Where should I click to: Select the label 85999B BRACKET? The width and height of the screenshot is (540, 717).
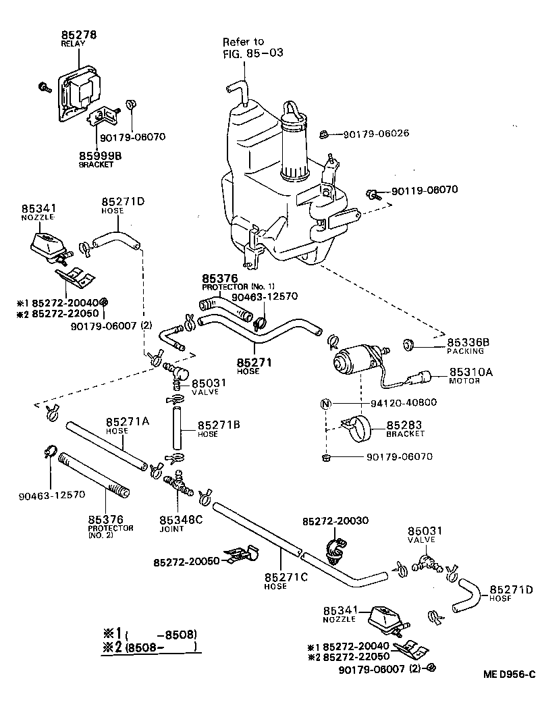(x=100, y=159)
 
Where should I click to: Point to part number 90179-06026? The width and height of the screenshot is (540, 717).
(x=376, y=134)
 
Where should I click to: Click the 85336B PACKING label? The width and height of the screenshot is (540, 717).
(x=470, y=346)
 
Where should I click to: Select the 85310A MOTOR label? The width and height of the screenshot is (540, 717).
(x=471, y=375)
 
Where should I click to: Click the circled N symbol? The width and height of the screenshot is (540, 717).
(x=325, y=404)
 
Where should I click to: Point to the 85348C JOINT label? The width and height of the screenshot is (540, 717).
(x=180, y=523)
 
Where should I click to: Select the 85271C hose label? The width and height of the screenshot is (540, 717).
(x=286, y=581)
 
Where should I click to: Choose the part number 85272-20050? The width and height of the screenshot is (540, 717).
(x=186, y=562)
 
